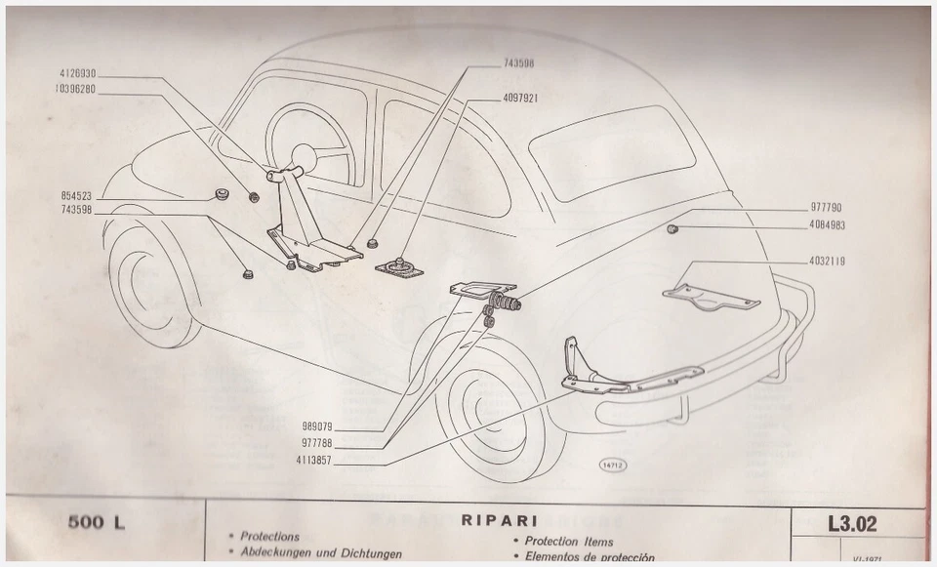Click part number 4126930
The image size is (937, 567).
(x=75, y=74)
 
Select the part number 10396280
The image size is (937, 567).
(x=75, y=89)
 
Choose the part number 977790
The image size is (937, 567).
(x=826, y=208)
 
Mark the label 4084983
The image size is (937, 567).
(x=826, y=224)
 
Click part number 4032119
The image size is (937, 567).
(x=826, y=261)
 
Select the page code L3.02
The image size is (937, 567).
(x=851, y=524)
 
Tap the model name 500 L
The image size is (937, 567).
(x=96, y=522)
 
